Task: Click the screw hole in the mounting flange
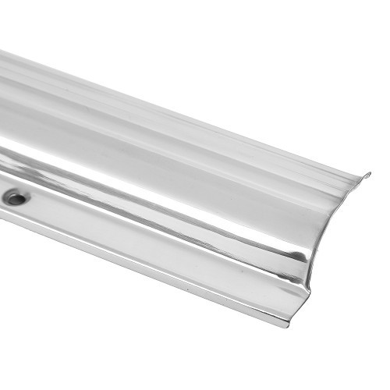point(16,199)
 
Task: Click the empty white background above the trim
point(234,47)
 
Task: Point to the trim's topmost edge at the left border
point(2,52)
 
